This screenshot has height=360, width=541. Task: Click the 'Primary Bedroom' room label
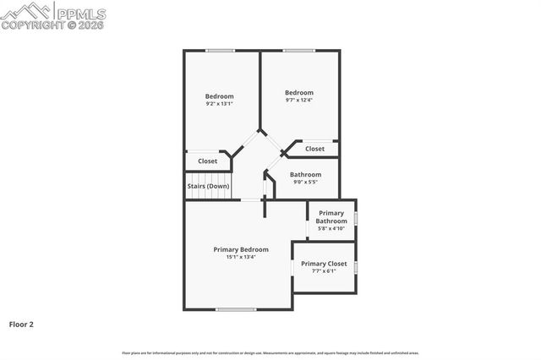tap(241, 249)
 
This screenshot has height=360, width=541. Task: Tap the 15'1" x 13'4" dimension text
tap(241, 257)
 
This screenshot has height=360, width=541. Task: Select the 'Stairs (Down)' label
tap(208, 186)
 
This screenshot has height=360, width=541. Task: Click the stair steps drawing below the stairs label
tap(208, 195)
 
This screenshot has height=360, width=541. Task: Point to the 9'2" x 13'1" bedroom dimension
tap(219, 104)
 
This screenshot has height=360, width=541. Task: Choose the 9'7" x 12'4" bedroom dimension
tap(299, 101)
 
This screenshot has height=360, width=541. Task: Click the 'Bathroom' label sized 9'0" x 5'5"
tap(307, 174)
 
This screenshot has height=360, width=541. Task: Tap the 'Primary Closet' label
tap(324, 264)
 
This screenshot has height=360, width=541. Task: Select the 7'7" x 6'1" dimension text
tap(324, 271)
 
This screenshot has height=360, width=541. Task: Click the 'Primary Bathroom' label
tap(331, 216)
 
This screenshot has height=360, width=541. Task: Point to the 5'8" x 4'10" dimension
tap(331, 228)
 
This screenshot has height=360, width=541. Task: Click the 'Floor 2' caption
tap(21, 324)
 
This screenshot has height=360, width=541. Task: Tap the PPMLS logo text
tap(82, 11)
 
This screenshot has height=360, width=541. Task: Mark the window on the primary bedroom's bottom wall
tap(236, 309)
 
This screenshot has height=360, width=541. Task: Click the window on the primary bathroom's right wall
tap(356, 219)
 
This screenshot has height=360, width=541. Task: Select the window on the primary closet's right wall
tap(356, 267)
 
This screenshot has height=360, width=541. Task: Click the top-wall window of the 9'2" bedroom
tap(220, 51)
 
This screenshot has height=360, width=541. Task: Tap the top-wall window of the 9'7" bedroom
tap(298, 51)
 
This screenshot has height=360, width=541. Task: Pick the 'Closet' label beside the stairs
tap(207, 161)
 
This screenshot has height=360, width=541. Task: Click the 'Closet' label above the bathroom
tap(314, 149)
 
